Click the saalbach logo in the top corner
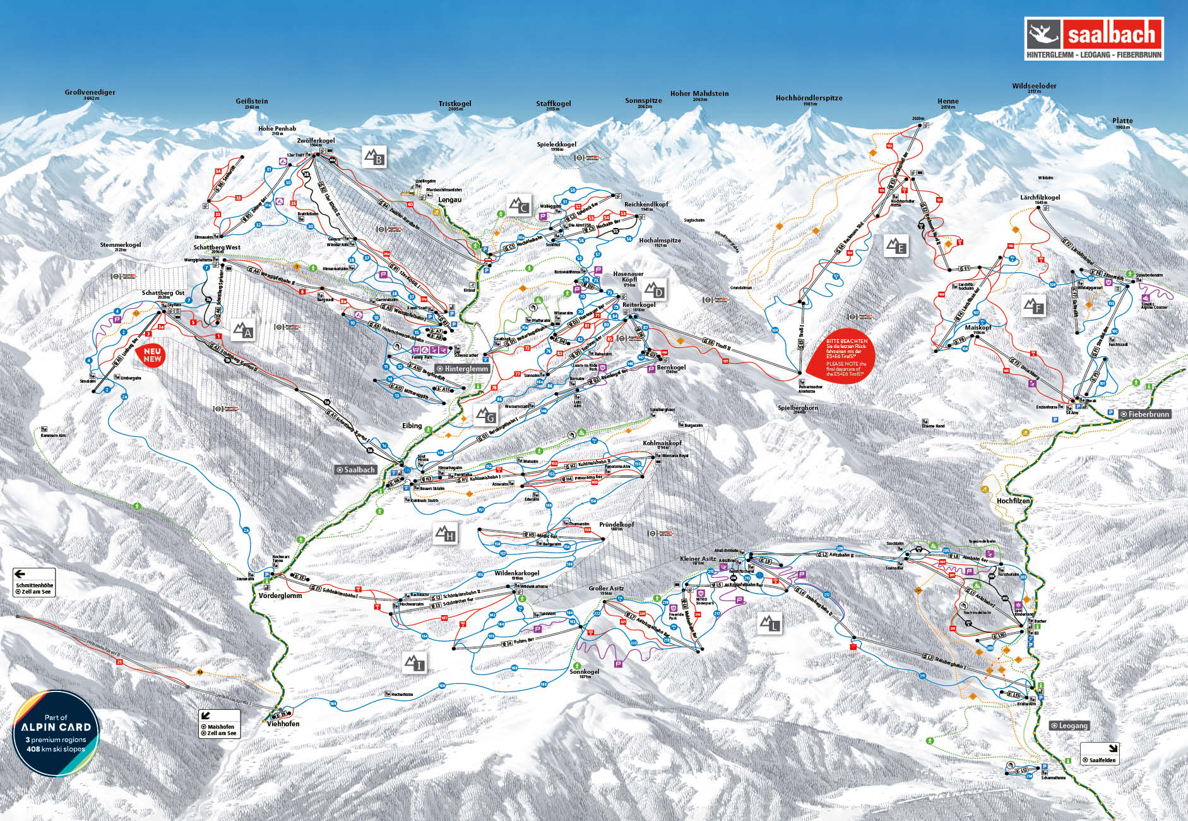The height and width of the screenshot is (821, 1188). pyautogui.click(x=1093, y=38)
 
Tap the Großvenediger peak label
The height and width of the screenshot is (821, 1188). pyautogui.click(x=90, y=93)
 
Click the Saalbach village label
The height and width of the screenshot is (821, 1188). pyautogui.click(x=356, y=470)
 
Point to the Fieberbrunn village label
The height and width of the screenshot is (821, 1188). pyautogui.click(x=1145, y=414)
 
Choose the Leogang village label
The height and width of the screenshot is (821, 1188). pyautogui.click(x=1069, y=726)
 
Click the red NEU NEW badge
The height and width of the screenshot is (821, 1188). pyautogui.click(x=152, y=356)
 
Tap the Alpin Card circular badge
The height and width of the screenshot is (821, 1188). pyautogui.click(x=56, y=733)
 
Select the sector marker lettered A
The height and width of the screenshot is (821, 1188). pyautogui.click(x=243, y=331)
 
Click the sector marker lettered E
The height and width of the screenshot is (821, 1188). pyautogui.click(x=896, y=246)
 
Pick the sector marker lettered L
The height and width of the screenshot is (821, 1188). pyautogui.click(x=769, y=624)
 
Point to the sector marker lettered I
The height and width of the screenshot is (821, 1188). pyautogui.click(x=415, y=662)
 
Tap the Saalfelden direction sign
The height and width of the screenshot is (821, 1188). pyautogui.click(x=1099, y=753)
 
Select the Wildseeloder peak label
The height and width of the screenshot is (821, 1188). pyautogui.click(x=1034, y=87)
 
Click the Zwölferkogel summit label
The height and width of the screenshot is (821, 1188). pyautogui.click(x=316, y=141)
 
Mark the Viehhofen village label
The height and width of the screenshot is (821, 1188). pyautogui.click(x=283, y=724)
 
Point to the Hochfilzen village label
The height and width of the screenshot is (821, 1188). pyautogui.click(x=1013, y=501)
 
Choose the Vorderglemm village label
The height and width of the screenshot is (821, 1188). pyautogui.click(x=280, y=596)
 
